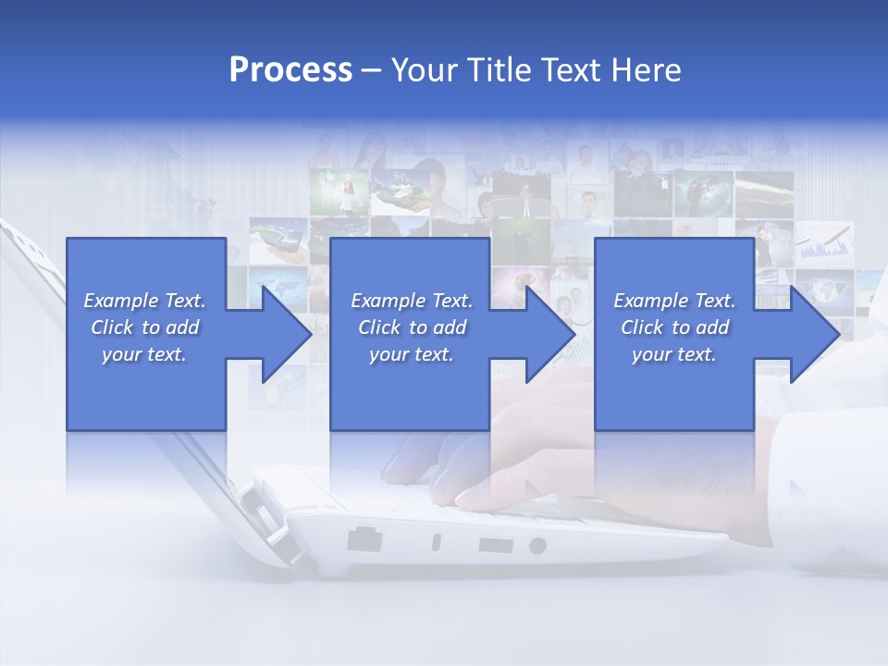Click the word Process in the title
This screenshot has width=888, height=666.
tap(290, 70)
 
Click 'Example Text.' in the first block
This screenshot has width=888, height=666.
tap(144, 301)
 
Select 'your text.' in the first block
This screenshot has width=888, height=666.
tap(144, 354)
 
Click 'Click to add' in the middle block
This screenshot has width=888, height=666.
tap(412, 327)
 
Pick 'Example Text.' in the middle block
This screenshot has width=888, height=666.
tap(412, 301)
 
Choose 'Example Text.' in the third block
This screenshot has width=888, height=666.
tap(674, 301)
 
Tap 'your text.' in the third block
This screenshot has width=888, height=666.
tap(674, 354)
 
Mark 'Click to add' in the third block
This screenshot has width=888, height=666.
tap(674, 327)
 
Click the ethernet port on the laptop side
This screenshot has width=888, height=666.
tap(364, 538)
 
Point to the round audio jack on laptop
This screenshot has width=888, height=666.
tap(537, 546)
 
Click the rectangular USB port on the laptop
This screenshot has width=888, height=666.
tap(495, 545)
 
